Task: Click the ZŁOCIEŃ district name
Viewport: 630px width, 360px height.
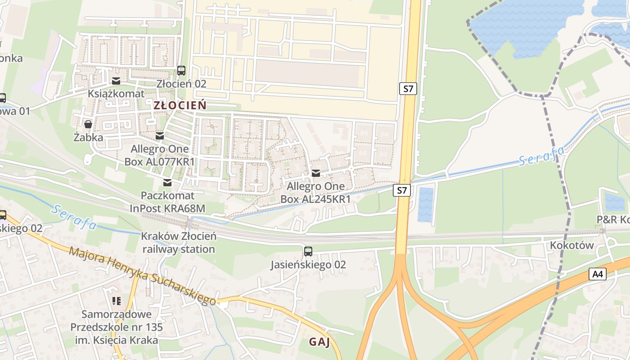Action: click(180, 106)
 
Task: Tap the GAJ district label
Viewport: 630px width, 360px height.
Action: click(319, 342)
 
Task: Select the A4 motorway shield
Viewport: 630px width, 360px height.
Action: click(597, 274)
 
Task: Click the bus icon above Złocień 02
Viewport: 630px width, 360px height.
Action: click(181, 71)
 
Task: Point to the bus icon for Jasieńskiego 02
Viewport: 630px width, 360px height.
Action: click(308, 252)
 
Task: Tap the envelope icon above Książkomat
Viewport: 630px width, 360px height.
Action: click(116, 81)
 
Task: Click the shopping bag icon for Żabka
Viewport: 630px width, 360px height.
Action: click(88, 124)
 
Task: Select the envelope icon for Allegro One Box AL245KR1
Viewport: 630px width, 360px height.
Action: click(316, 173)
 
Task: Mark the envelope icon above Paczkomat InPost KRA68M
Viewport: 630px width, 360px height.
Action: click(167, 183)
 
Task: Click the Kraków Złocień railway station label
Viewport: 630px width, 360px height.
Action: click(179, 243)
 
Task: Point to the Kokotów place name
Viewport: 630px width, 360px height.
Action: click(572, 245)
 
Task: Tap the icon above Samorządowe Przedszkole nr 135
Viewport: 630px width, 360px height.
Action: click(117, 301)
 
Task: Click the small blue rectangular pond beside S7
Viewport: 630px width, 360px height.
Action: click(426, 205)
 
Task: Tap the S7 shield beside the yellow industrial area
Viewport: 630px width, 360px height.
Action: click(408, 89)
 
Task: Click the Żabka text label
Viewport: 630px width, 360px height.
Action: click(88, 137)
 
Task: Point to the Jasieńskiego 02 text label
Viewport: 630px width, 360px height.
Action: click(308, 265)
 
